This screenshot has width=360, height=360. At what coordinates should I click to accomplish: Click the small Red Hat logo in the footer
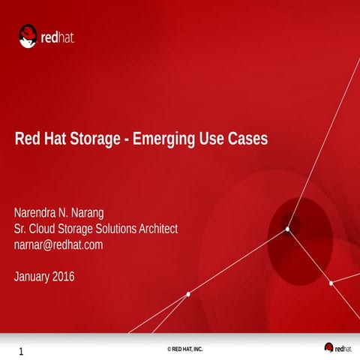[x=339, y=347]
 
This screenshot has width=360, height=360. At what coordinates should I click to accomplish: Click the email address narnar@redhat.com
[x=58, y=244]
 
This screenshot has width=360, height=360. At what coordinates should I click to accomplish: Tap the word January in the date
[x=33, y=277]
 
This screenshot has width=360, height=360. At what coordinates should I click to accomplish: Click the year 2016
[x=64, y=277]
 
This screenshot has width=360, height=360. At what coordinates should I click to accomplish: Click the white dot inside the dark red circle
[x=287, y=228]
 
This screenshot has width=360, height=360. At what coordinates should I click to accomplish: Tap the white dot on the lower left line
[x=187, y=294]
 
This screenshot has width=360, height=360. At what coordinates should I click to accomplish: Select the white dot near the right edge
[x=331, y=283]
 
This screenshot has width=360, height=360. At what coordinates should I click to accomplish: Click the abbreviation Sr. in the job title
[x=21, y=228]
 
